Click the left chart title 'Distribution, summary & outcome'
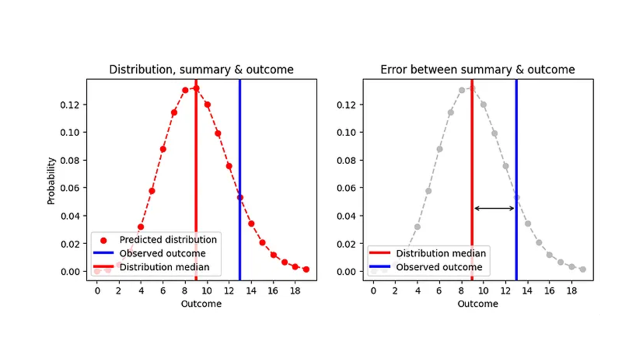coord(201,70)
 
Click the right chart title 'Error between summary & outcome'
coord(477,70)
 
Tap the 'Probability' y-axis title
coord(51,180)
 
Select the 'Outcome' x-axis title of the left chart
coord(201,303)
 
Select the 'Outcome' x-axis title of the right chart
coord(477,303)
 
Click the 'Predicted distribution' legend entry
coord(168,239)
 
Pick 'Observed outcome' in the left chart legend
coord(163,253)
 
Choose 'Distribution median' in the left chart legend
coord(165,267)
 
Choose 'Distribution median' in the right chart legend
coord(441,253)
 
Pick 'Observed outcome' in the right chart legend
coord(439,267)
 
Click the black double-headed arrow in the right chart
coord(494,209)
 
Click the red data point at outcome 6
coord(163,149)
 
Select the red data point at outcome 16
coord(273,255)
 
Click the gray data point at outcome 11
coord(494,133)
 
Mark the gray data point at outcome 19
coord(582,269)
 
